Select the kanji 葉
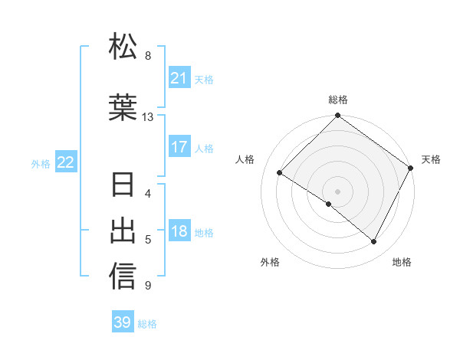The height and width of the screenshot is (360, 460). pos(123,108)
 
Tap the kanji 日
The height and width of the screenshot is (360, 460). pos(123,186)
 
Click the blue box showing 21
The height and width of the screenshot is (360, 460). pos(179,78)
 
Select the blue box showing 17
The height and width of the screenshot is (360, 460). pos(179,147)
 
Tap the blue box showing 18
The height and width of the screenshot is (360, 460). pos(179,232)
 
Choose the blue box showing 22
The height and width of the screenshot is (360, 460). pos(66,162)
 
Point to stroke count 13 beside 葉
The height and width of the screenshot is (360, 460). pos(148,117)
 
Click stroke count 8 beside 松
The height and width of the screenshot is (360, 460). pos(148,55)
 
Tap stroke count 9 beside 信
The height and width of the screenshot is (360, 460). pos(148,286)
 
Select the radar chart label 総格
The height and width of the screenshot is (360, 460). pos(337,100)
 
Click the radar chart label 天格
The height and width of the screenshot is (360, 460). pos(431,159)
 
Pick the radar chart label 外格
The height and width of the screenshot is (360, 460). pos(270,262)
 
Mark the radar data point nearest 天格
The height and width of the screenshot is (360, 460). pos(412,168)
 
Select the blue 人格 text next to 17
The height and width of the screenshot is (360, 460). pos(204,148)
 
